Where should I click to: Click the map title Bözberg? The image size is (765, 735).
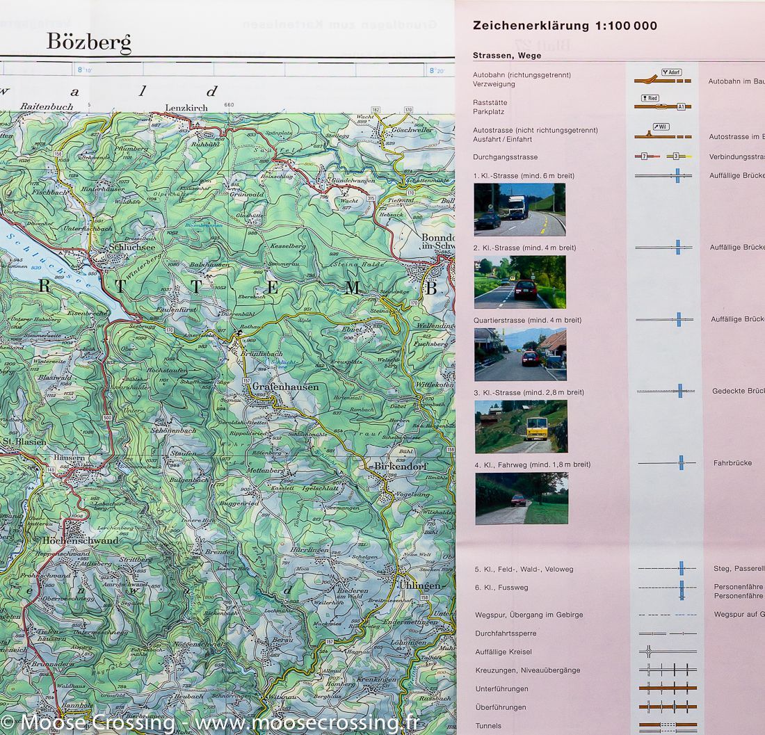tap(88, 42)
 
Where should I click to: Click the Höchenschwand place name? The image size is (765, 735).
tap(80, 540)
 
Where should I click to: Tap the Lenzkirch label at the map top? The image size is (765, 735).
tap(186, 108)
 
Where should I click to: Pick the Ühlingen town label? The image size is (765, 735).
tap(419, 585)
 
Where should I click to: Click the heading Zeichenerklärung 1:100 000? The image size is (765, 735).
tap(565, 26)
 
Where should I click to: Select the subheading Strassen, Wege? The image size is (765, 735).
tap(507, 56)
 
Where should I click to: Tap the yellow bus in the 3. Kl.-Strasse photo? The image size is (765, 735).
tap(535, 428)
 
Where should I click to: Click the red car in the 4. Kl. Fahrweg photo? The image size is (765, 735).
tap(518, 500)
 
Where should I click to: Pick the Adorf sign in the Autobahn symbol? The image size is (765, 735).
tap(671, 72)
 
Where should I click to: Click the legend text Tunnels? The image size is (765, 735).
tap(488, 726)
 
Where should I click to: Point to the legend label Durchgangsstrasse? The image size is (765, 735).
tap(505, 157)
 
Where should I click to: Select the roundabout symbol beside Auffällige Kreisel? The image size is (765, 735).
tap(649, 652)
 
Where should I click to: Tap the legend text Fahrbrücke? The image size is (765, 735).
tap(732, 463)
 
